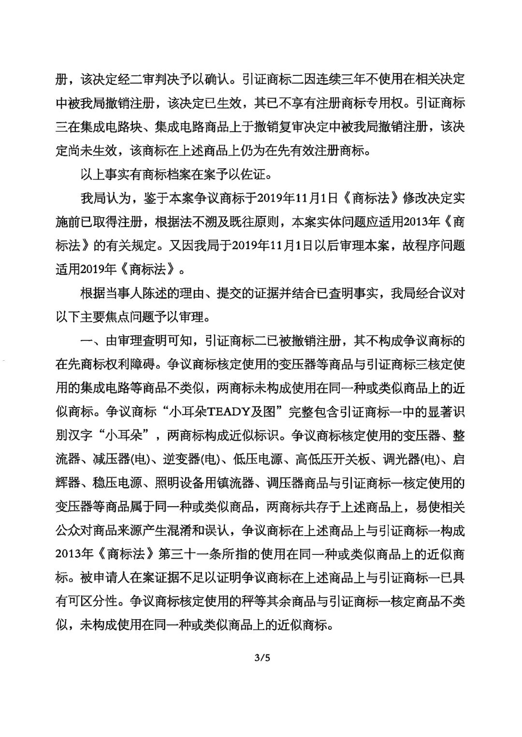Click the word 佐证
coord(267,174)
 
